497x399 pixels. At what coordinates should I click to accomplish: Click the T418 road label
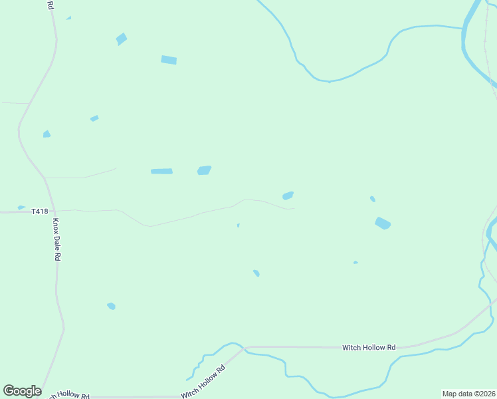pyautogui.click(x=40, y=211)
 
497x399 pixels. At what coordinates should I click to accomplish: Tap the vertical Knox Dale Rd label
pyautogui.click(x=57, y=239)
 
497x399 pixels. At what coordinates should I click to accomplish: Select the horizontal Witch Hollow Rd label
pyautogui.click(x=369, y=347)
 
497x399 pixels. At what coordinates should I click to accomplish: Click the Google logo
pyautogui.click(x=22, y=391)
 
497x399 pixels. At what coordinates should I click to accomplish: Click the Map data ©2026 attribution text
pyautogui.click(x=468, y=394)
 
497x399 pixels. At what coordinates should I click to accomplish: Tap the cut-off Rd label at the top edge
pyautogui.click(x=51, y=5)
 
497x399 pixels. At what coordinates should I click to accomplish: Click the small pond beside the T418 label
pyautogui.click(x=21, y=207)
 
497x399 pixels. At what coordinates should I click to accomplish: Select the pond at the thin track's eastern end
pyautogui.click(x=288, y=196)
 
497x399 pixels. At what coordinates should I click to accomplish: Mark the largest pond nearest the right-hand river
pyautogui.click(x=382, y=223)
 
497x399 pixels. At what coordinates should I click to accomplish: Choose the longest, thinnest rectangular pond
pyautogui.click(x=161, y=172)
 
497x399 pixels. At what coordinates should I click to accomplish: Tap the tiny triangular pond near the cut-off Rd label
pyautogui.click(x=68, y=18)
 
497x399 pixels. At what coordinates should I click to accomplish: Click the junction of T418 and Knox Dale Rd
pyautogui.click(x=53, y=211)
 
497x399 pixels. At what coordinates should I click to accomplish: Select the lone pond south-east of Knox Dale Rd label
pyautogui.click(x=111, y=306)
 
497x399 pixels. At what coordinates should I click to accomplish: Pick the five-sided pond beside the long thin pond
pyautogui.click(x=204, y=170)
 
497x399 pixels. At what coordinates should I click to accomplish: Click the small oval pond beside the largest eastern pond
pyautogui.click(x=373, y=199)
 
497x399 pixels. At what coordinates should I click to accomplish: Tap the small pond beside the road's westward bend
pyautogui.click(x=47, y=134)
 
